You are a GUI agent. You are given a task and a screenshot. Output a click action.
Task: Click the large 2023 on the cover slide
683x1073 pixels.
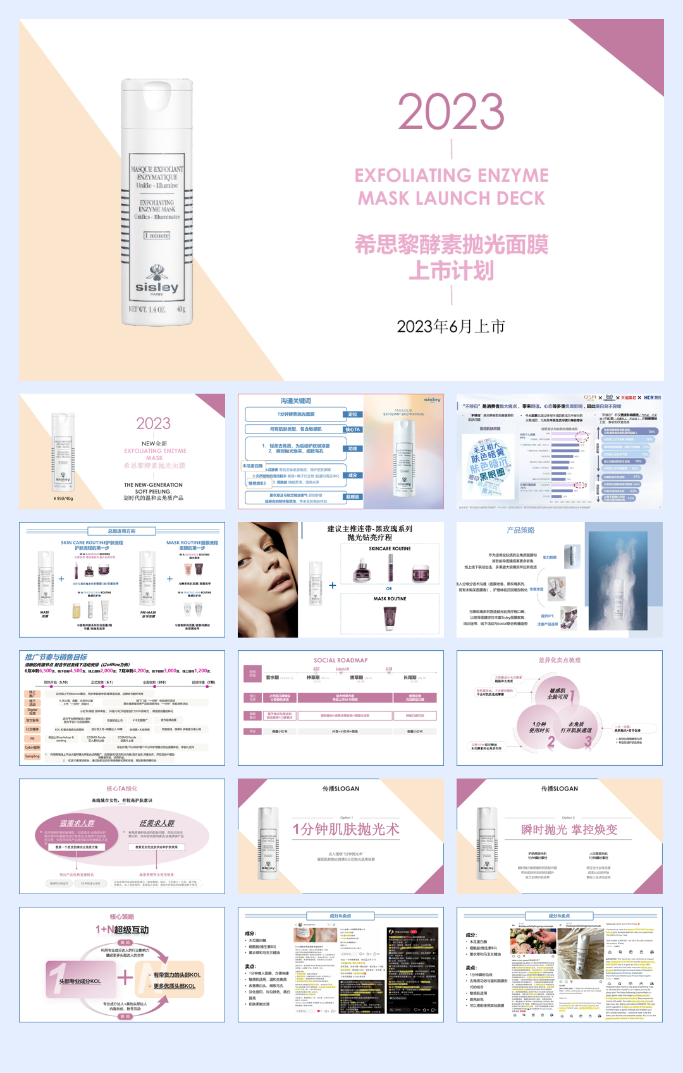(451, 112)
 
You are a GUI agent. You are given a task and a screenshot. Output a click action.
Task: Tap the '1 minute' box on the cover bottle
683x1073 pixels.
(157, 235)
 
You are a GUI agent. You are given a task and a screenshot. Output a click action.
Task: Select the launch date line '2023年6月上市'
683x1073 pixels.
(451, 327)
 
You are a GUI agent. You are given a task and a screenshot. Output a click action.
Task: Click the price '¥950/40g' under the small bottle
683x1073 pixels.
(63, 499)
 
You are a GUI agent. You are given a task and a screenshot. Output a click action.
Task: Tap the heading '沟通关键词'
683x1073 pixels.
(296, 401)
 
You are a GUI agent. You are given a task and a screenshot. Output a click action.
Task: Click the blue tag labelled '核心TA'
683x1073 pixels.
(352, 429)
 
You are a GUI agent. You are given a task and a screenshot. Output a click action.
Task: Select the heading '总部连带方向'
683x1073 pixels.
(121, 531)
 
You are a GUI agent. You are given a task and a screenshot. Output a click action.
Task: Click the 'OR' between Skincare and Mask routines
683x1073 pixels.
(389, 588)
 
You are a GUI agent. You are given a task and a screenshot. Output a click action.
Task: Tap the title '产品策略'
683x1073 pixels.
(520, 530)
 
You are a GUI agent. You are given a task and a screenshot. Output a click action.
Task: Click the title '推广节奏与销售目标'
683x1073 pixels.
(56, 657)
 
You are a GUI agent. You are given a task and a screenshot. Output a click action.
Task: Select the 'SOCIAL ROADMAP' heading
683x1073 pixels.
(340, 660)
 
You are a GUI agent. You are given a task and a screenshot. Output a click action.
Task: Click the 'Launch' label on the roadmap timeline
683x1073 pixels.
(342, 669)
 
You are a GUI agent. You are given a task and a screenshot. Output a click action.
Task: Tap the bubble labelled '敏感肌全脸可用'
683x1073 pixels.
(558, 694)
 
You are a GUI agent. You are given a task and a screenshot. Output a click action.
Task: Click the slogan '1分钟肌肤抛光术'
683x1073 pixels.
(346, 829)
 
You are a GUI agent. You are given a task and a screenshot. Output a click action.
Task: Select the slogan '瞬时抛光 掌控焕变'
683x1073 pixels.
(569, 829)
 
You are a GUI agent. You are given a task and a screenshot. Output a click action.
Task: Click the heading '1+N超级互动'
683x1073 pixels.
(122, 930)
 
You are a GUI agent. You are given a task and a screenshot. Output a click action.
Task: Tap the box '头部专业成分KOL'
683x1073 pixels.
(80, 981)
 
